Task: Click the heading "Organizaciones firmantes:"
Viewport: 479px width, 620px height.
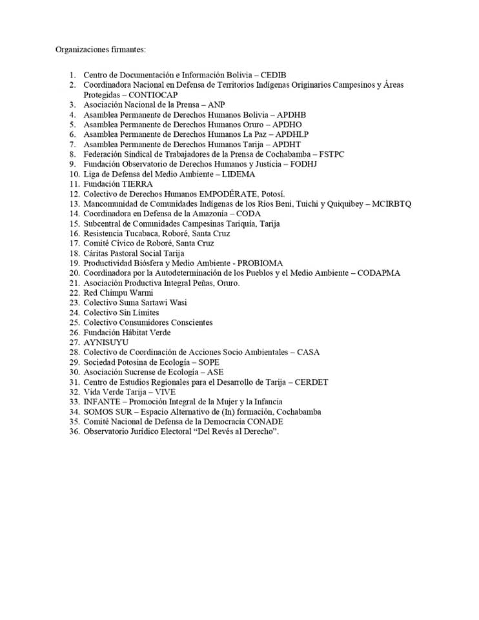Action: click(x=101, y=49)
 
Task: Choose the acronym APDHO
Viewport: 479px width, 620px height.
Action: click(x=287, y=125)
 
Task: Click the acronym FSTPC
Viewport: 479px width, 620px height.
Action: click(x=336, y=154)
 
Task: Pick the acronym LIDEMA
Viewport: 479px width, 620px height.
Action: click(x=239, y=174)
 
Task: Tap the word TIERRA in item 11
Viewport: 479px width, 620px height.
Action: click(x=138, y=184)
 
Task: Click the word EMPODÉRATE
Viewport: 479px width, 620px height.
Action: click(x=228, y=194)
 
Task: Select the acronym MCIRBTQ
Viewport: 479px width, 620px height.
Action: click(x=392, y=204)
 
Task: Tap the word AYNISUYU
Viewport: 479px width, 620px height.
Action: click(x=106, y=342)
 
